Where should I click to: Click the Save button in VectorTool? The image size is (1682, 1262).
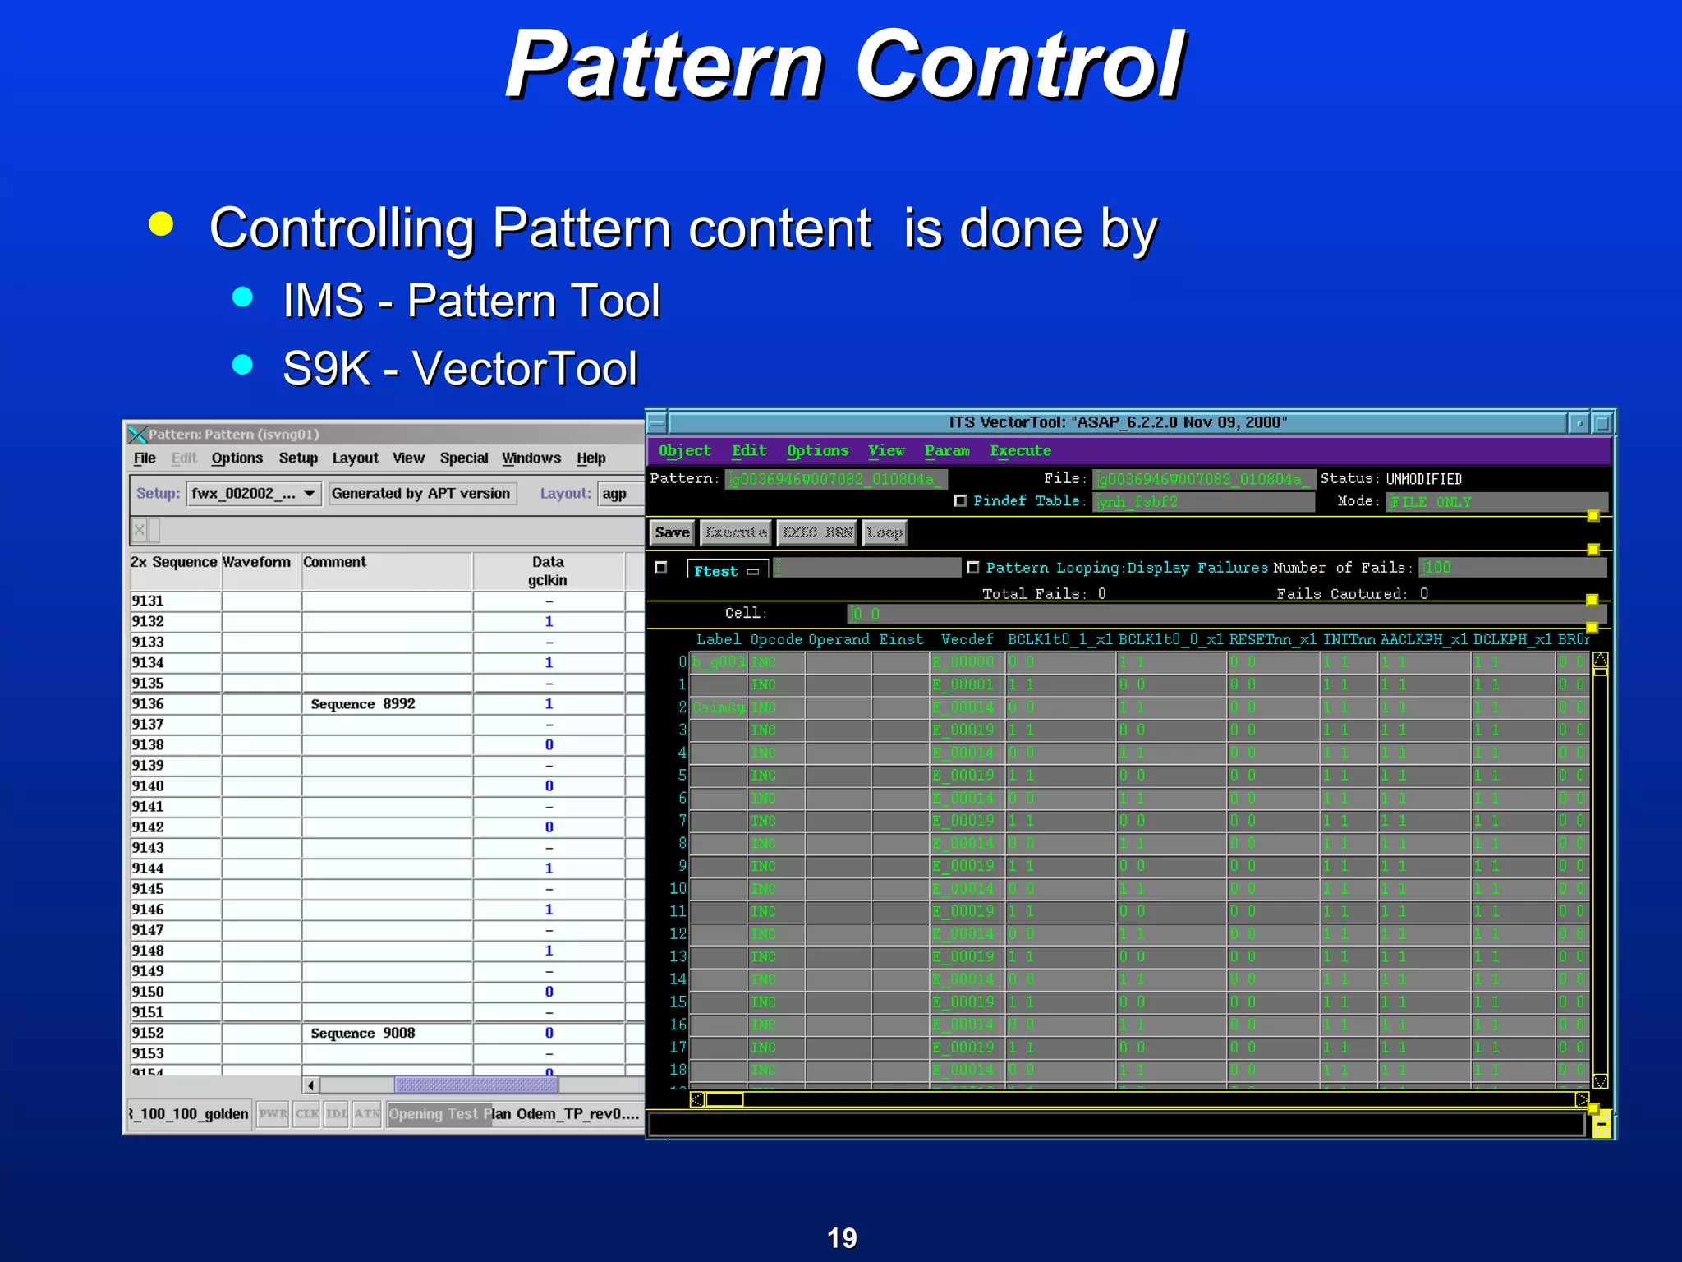672,532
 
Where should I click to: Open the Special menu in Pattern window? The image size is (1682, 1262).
463,458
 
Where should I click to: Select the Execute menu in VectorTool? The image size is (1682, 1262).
1020,450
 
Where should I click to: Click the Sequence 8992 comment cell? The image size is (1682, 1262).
363,704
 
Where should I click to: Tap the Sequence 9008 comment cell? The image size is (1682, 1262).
363,1033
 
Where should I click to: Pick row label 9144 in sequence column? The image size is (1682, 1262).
149,868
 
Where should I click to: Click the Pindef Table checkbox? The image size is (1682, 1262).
960,500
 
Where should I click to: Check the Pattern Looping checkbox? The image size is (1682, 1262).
973,568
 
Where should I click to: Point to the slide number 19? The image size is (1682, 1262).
841,1237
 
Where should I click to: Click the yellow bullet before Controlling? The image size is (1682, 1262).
162,223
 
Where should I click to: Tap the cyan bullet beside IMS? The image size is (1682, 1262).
242,297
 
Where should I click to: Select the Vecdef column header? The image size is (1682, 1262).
967,639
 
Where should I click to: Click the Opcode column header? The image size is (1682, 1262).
775,639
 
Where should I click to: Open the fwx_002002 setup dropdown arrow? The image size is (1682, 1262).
309,493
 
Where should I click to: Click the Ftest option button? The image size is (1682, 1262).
726,570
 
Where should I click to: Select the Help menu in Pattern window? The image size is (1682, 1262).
591,458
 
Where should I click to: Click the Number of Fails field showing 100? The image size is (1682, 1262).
1511,568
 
